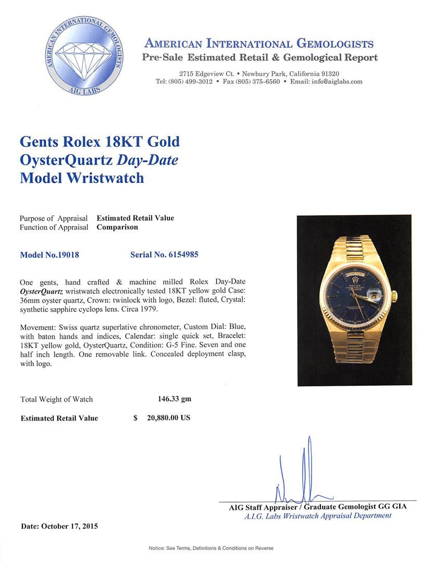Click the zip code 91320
click(x=328, y=74)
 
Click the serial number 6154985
click(x=183, y=255)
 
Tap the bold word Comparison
click(x=117, y=227)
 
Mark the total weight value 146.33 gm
click(x=174, y=399)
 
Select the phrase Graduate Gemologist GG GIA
click(x=355, y=506)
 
